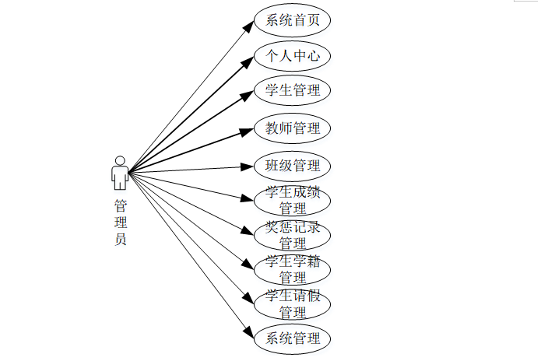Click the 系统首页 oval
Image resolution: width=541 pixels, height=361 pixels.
coord(293,21)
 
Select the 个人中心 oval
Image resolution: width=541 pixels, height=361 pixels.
coord(293,56)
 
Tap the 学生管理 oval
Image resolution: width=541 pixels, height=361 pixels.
coord(293,90)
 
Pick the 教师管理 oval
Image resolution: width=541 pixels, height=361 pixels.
coord(293,128)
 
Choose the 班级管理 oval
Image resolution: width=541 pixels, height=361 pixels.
coord(293,166)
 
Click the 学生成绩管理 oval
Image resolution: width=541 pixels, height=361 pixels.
coord(293,200)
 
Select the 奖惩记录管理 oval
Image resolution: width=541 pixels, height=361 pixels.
coord(293,234)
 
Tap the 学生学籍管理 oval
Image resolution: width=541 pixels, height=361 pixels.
coord(293,268)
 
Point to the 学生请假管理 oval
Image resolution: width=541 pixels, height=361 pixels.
coord(293,303)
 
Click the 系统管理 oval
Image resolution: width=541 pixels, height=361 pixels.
coord(293,338)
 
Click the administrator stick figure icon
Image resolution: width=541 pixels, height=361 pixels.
coord(120,173)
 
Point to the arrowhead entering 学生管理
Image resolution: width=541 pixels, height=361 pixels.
coord(248,93)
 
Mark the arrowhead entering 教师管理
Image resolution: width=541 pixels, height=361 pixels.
coord(248,129)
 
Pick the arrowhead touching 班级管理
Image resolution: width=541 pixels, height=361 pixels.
coord(248,166)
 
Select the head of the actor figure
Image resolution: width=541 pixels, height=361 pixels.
coord(120,161)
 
